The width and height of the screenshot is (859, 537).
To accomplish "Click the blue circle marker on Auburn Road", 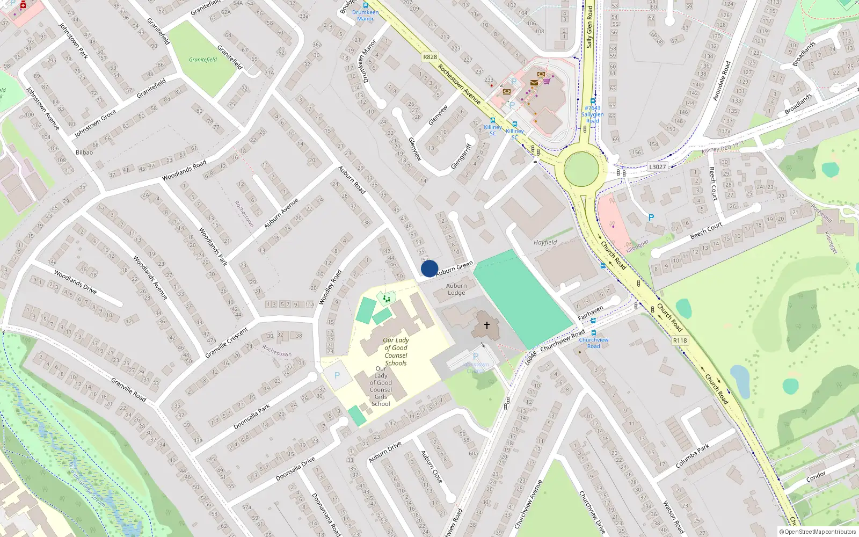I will (429, 268).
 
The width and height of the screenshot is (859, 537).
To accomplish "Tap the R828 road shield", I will (430, 56).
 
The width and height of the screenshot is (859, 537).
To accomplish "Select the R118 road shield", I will (680, 340).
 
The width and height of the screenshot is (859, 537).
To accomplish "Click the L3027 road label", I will (657, 166).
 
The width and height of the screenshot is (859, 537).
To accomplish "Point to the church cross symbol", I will (487, 325).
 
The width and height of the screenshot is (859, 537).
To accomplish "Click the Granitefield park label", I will (203, 60).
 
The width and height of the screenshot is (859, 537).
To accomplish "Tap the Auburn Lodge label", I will (456, 289).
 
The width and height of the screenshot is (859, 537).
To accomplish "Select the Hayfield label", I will (545, 242).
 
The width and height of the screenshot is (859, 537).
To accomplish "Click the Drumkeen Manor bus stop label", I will (365, 15).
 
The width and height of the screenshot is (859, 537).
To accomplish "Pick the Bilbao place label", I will (84, 153).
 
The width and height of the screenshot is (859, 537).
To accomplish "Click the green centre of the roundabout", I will (581, 169).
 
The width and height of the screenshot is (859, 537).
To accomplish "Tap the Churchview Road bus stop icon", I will (593, 333).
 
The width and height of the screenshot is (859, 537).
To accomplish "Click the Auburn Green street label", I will (454, 268).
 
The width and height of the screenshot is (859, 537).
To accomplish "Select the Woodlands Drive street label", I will (75, 282).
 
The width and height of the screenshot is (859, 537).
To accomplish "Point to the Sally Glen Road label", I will (589, 27).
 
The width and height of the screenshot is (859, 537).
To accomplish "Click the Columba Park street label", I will (693, 455).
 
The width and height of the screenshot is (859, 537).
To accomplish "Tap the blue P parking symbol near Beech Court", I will (651, 217).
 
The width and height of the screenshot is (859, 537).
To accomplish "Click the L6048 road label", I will (530, 358).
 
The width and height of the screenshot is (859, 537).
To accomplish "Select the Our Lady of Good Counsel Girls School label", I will (381, 386).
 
